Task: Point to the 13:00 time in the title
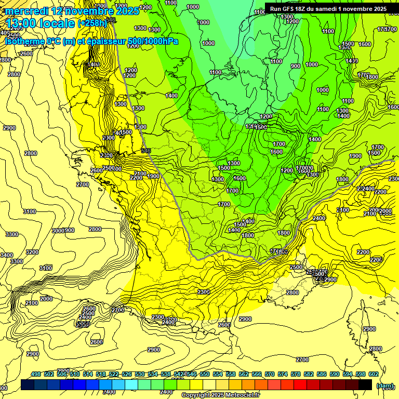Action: [x=20, y=23]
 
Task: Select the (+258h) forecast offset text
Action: [x=92, y=23]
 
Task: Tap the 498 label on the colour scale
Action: [x=36, y=374]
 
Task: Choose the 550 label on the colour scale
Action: [x=205, y=374]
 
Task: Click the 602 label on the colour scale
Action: [x=374, y=374]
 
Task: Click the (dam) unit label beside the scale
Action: [x=385, y=385]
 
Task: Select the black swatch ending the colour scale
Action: [x=365, y=384]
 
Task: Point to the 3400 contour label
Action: [x=6, y=255]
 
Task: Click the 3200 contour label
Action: [x=32, y=252]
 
